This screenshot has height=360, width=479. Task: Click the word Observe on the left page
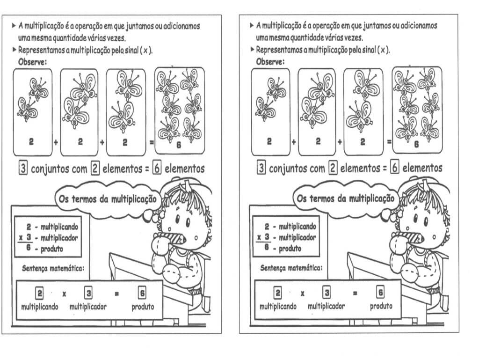point(32,62)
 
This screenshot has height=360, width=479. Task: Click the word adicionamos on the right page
point(415,27)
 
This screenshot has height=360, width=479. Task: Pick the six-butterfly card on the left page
point(179,110)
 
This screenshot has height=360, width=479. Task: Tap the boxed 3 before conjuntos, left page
point(22,169)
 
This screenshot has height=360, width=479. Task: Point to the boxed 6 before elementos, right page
point(395,169)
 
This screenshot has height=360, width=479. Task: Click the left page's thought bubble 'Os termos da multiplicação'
point(107,199)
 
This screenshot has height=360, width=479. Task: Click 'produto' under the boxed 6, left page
point(143,308)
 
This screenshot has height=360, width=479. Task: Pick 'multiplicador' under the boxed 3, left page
point(88,308)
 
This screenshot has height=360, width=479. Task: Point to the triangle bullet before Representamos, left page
point(14,50)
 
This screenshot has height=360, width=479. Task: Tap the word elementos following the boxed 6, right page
point(423,169)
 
